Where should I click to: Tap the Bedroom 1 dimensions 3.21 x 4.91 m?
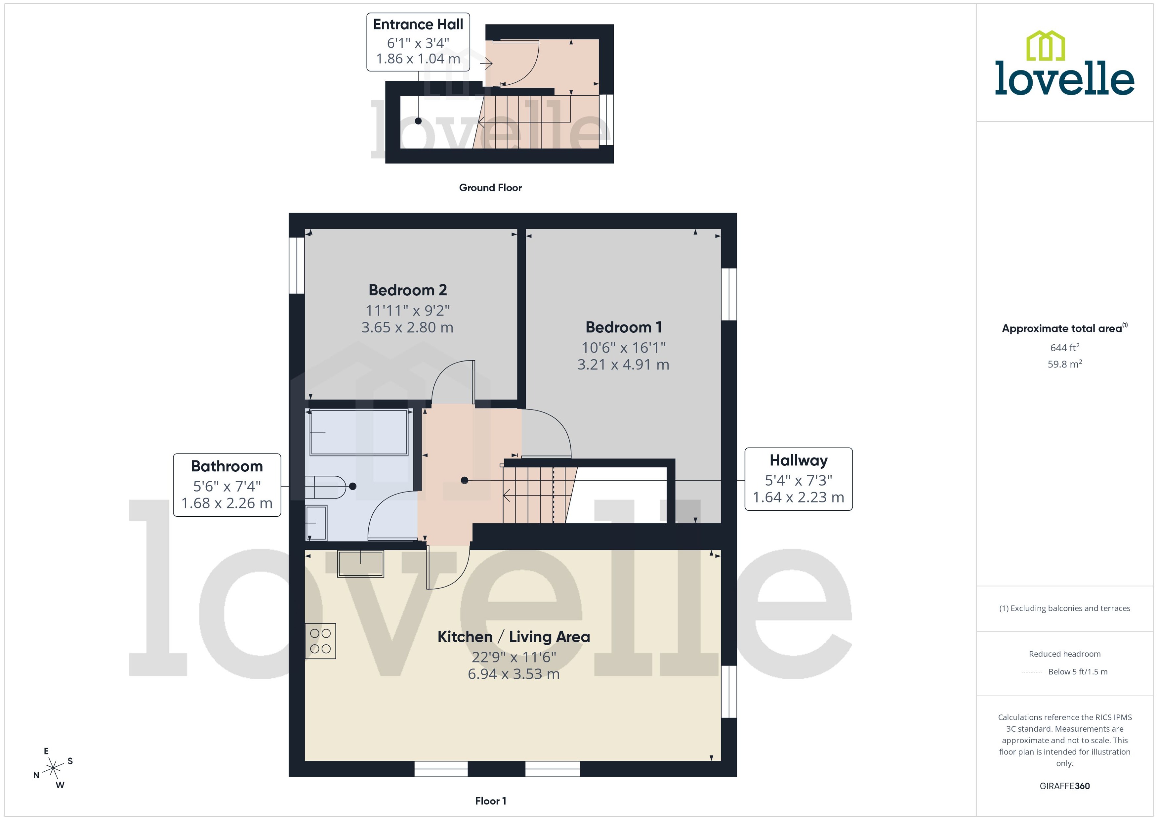point(623,364)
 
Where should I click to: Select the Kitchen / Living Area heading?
point(513,637)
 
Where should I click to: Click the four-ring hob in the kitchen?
point(320,641)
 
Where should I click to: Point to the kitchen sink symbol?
point(360,563)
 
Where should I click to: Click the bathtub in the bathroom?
point(358,432)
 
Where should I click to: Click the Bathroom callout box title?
point(227,466)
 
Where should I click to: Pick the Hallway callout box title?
point(798,460)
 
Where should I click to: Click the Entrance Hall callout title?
point(418,24)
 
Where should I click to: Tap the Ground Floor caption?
point(490,188)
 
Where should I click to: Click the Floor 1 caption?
point(490,801)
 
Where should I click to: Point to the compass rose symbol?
point(53,768)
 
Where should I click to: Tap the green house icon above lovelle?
point(1046,45)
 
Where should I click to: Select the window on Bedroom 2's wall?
point(297,265)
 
